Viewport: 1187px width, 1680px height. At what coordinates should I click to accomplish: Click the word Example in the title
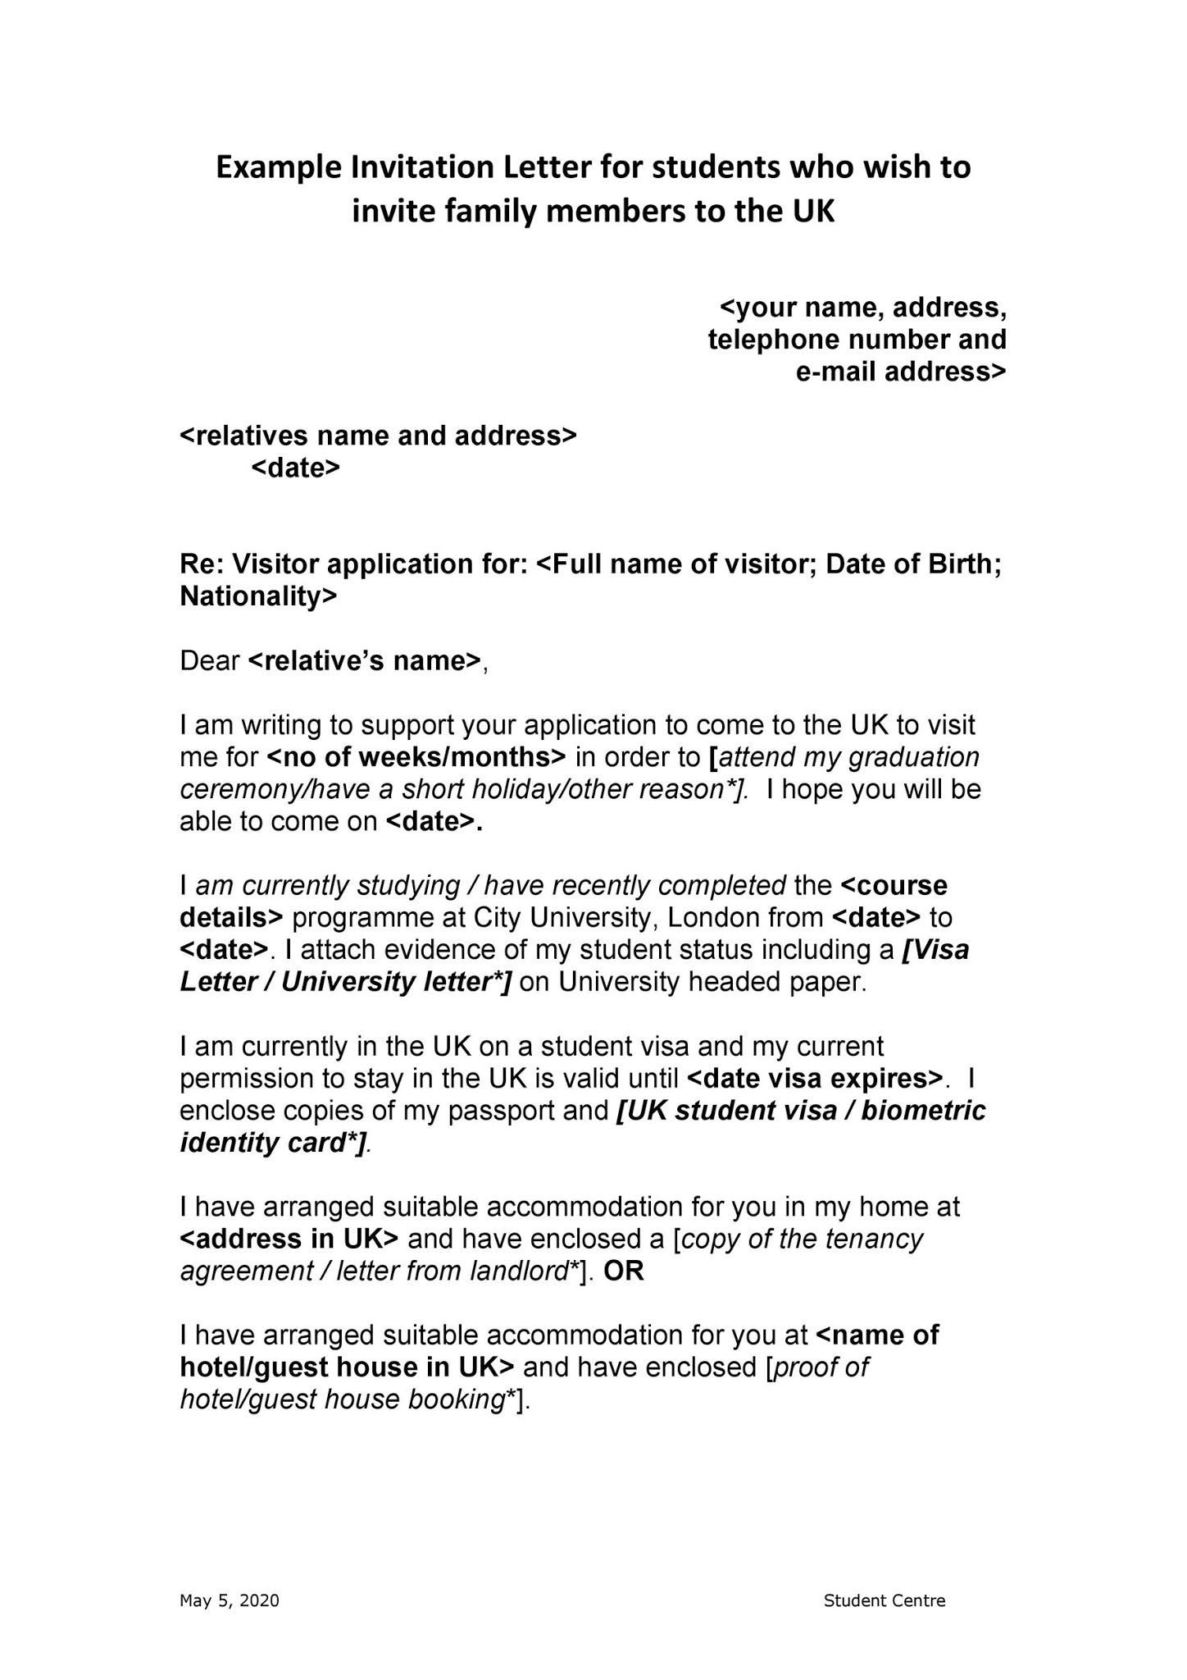[279, 167]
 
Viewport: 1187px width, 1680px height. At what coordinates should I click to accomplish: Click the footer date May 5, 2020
[230, 1600]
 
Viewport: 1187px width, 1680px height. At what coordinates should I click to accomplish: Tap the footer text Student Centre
[885, 1600]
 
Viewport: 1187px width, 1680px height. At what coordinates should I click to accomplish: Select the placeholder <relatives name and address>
[378, 436]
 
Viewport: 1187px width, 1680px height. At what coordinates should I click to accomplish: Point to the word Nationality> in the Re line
[258, 596]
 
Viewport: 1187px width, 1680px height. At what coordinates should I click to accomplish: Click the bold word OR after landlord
[624, 1271]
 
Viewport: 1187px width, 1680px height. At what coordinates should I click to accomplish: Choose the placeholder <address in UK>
[289, 1239]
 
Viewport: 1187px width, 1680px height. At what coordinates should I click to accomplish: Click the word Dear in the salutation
[210, 661]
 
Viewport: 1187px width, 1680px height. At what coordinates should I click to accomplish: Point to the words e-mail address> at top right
[901, 372]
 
